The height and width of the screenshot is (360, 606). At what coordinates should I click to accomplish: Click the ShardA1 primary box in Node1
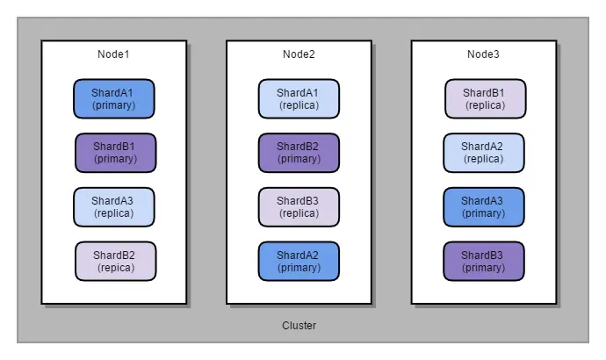tap(113, 98)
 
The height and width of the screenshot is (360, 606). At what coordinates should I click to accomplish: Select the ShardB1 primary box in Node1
tap(115, 152)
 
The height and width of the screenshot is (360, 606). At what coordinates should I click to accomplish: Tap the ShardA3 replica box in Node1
tap(113, 206)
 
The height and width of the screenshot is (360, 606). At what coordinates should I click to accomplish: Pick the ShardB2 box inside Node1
tap(115, 261)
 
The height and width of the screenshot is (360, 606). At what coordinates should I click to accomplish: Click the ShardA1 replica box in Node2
tap(299, 98)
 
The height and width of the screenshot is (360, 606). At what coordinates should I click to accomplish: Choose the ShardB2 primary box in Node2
tap(299, 152)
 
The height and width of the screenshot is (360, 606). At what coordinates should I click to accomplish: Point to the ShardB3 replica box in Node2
tap(299, 206)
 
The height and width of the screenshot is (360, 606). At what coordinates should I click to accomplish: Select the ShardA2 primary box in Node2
tap(299, 261)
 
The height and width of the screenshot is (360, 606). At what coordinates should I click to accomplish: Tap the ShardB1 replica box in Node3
tap(485, 98)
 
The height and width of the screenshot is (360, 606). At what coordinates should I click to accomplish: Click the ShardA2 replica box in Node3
tap(483, 152)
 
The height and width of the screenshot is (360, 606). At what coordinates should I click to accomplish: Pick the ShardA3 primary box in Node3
tap(483, 206)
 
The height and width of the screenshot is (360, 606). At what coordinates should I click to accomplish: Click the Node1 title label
tap(113, 54)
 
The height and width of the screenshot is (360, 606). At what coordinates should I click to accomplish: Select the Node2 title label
tap(299, 54)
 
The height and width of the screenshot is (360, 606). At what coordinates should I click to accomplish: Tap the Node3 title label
tap(483, 54)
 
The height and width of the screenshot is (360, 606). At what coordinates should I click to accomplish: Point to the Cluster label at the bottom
tap(299, 326)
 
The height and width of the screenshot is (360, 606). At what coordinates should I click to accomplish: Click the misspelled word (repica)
tap(115, 268)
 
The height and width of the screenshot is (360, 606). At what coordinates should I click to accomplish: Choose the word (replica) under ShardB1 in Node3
tap(485, 105)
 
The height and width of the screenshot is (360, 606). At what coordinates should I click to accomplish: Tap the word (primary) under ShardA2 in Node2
tap(299, 268)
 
